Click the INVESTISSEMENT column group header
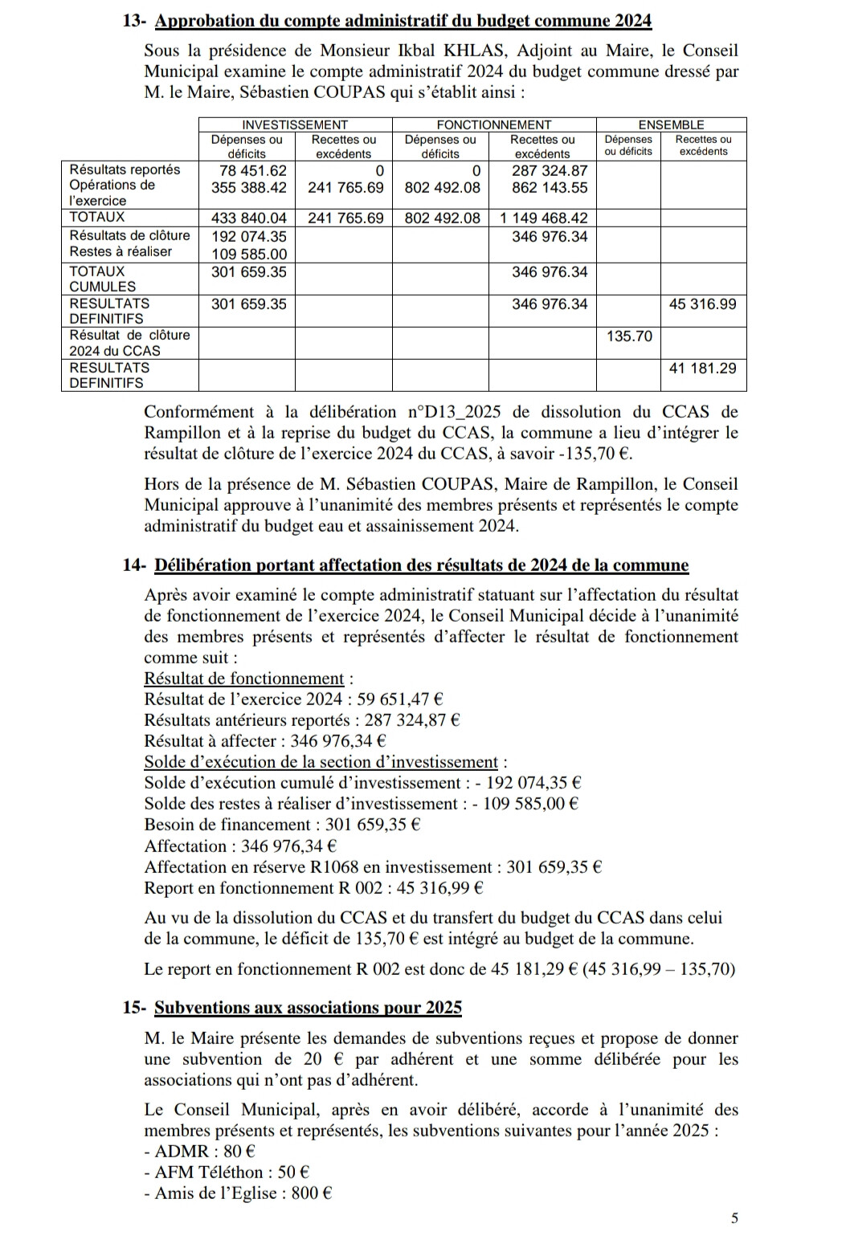(295, 124)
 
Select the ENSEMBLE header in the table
(671, 124)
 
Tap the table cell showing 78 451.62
(253, 170)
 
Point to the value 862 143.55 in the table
(550, 188)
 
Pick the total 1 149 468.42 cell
(544, 218)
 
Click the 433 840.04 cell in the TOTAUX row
(248, 218)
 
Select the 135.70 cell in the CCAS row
(629, 336)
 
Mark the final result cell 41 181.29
(702, 368)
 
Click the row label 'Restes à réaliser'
(121, 251)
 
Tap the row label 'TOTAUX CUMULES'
(103, 279)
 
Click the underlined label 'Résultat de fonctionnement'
(243, 679)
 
